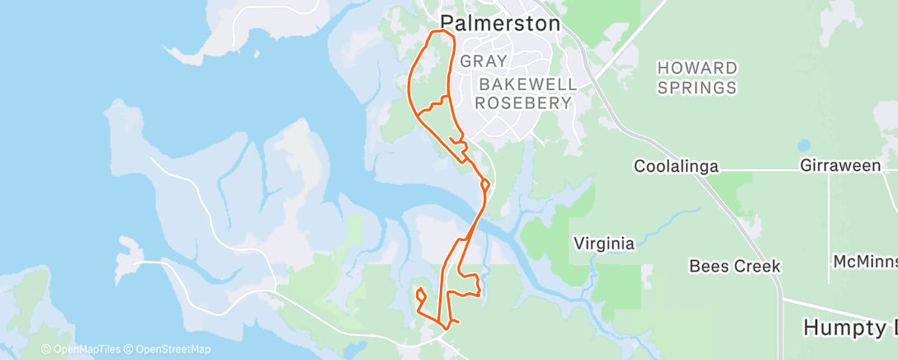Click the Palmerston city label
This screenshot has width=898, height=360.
(499, 22)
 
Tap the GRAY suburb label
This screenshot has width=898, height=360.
(482, 61)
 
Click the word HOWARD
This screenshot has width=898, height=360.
(697, 67)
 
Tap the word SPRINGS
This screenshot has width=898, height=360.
(697, 87)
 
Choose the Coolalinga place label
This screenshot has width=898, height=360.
(676, 166)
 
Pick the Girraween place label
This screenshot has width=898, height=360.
(840, 166)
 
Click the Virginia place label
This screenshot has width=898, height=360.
(604, 244)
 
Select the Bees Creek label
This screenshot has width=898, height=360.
(735, 266)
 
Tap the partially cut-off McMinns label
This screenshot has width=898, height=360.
(865, 262)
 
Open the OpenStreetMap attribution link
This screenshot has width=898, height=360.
(169, 350)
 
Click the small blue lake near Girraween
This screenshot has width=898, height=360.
(806, 146)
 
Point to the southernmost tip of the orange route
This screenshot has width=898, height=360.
(447, 329)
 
